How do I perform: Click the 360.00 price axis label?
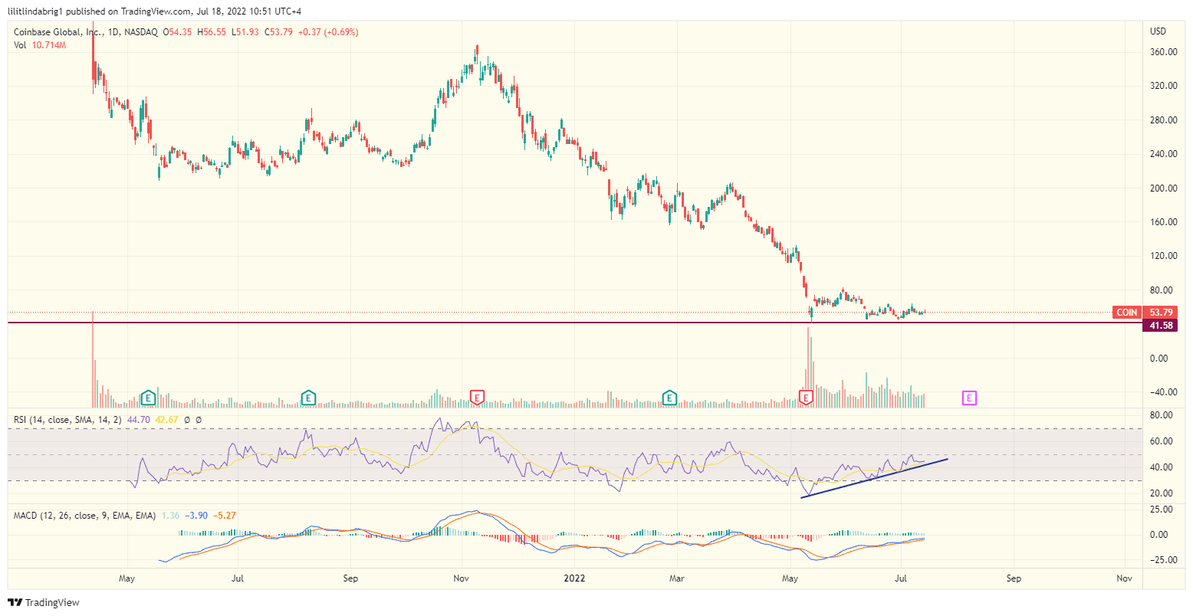point(1163,52)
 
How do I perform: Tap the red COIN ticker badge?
point(1126,313)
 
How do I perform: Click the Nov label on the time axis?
point(461,578)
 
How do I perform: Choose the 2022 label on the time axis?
point(573,578)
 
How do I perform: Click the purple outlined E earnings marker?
point(969,398)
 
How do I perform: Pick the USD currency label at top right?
point(1158,31)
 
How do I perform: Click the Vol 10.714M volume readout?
point(40,45)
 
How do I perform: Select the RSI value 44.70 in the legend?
point(138,420)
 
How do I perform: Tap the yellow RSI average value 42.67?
point(166,420)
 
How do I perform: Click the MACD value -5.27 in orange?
point(225,516)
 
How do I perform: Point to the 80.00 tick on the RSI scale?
point(1162,415)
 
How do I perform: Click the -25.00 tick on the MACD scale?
point(1162,560)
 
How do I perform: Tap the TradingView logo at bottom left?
point(44,603)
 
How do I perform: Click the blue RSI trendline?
point(874,478)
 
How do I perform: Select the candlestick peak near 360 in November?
point(476,48)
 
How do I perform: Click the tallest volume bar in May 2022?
point(808,360)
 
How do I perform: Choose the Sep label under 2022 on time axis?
point(1013,578)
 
